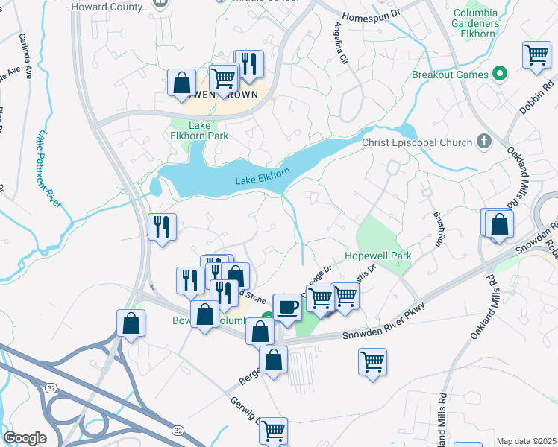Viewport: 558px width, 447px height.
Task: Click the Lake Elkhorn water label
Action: [x=263, y=180]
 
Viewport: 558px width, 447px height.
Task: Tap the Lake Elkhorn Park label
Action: [x=199, y=130]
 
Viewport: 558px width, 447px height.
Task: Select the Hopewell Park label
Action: [x=378, y=256]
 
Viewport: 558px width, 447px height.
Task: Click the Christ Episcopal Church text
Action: [x=417, y=142]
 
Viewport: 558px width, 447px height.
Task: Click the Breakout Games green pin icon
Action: [x=501, y=74]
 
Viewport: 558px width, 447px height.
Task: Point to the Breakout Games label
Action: [x=450, y=74]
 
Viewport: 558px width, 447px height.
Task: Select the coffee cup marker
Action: [x=288, y=306]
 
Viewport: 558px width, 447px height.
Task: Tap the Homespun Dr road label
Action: [x=372, y=15]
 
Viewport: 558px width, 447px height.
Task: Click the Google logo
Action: [x=25, y=438]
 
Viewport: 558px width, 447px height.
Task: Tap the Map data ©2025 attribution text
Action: [x=525, y=441]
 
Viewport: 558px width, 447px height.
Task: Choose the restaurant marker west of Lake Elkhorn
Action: [x=162, y=226]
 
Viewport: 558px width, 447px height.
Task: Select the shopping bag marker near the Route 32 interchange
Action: [x=131, y=323]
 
